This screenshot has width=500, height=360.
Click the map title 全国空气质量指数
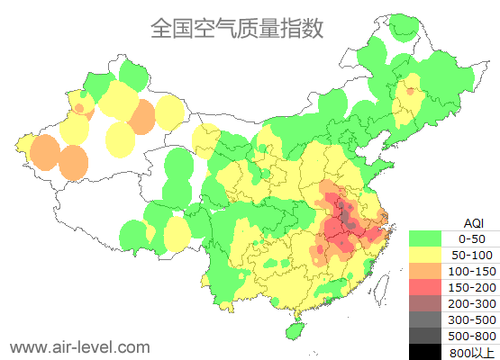(236, 29)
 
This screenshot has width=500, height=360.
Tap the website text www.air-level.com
(79, 346)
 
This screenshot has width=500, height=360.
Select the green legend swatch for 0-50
(425, 238)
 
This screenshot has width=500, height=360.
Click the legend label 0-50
(472, 238)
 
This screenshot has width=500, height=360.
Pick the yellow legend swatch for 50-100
(425, 255)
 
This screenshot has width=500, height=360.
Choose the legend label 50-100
(472, 255)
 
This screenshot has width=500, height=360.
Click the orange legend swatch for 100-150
(425, 271)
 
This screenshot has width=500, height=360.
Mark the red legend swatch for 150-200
(425, 287)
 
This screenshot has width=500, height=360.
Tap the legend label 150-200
(472, 287)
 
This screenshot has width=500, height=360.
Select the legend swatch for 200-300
(425, 303)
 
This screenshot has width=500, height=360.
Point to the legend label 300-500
(472, 319)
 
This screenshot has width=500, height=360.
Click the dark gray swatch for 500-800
(425, 336)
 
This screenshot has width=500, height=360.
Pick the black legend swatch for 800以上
(425, 352)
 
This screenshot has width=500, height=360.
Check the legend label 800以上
(472, 352)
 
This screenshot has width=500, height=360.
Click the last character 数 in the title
(311, 29)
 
